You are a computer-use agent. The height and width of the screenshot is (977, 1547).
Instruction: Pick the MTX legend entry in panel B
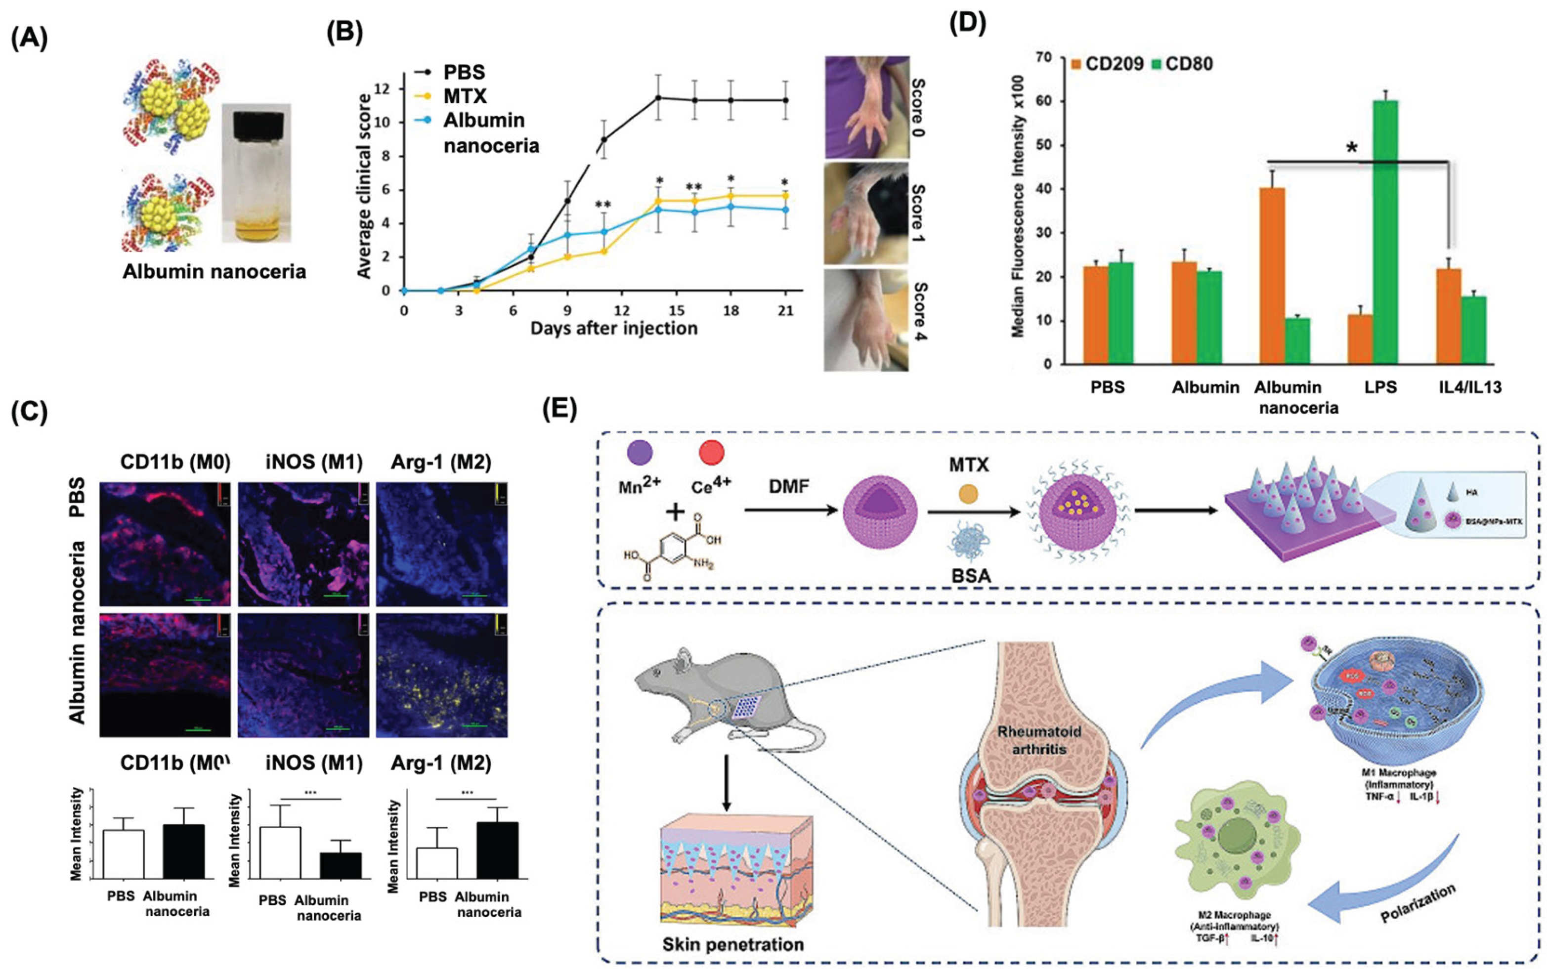point(464,96)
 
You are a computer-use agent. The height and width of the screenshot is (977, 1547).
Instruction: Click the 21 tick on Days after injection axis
point(785,311)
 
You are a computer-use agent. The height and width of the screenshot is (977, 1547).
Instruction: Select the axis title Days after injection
point(613,329)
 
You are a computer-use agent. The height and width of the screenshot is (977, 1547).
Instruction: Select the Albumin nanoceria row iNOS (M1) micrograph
point(303,675)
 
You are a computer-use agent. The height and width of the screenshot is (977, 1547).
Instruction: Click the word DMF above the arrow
point(789,487)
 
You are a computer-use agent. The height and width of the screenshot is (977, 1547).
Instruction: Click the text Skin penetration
point(733,944)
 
